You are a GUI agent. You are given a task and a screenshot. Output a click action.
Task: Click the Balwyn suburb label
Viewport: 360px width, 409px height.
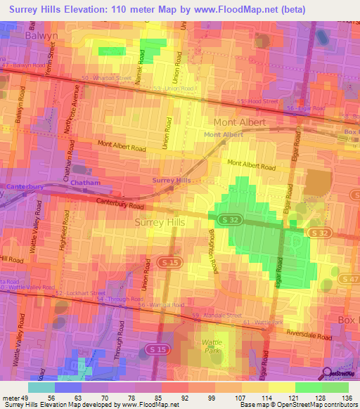40,34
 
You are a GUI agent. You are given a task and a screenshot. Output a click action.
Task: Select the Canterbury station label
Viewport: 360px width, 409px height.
26,187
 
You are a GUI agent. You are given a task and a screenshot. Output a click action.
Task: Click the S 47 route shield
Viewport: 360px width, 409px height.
349,280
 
